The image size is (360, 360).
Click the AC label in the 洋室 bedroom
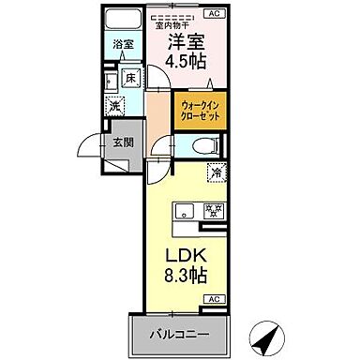click(215, 14)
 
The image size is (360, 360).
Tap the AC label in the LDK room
click(215, 298)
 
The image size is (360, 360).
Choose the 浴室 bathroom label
click(123, 43)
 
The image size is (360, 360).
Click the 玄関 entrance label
click(124, 142)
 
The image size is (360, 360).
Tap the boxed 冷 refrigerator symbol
click(217, 172)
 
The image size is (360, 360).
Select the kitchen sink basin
click(181, 210)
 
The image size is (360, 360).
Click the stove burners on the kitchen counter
click(212, 210)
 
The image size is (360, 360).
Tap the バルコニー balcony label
click(175, 335)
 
